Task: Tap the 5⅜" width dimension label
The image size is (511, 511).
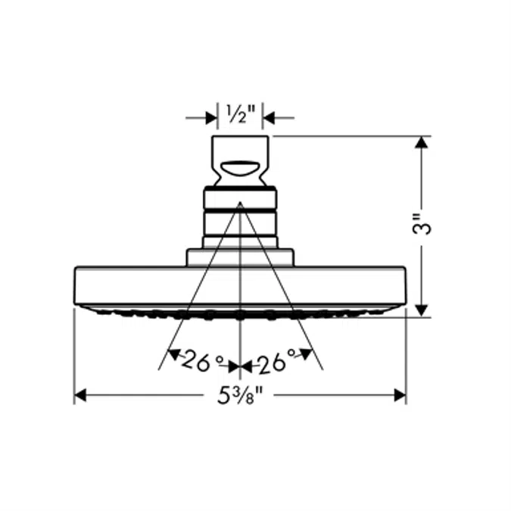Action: pyautogui.click(x=240, y=395)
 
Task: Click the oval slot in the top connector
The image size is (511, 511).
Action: pyautogui.click(x=240, y=167)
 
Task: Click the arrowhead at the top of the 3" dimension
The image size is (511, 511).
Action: pyautogui.click(x=422, y=143)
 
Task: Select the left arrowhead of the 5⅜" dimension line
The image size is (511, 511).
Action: pyautogui.click(x=80, y=395)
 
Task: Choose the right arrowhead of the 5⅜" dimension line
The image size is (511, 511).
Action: pyautogui.click(x=400, y=395)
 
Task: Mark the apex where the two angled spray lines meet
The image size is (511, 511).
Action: pyautogui.click(x=240, y=203)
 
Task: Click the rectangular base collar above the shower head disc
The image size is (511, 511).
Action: pyautogui.click(x=240, y=257)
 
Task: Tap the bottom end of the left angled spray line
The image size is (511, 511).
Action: pyautogui.click(x=159, y=369)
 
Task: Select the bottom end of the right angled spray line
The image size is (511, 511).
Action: pyautogui.click(x=322, y=369)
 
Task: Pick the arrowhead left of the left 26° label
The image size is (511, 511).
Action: pyautogui.click(x=173, y=353)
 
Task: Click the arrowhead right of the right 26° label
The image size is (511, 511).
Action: pyautogui.click(x=307, y=353)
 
